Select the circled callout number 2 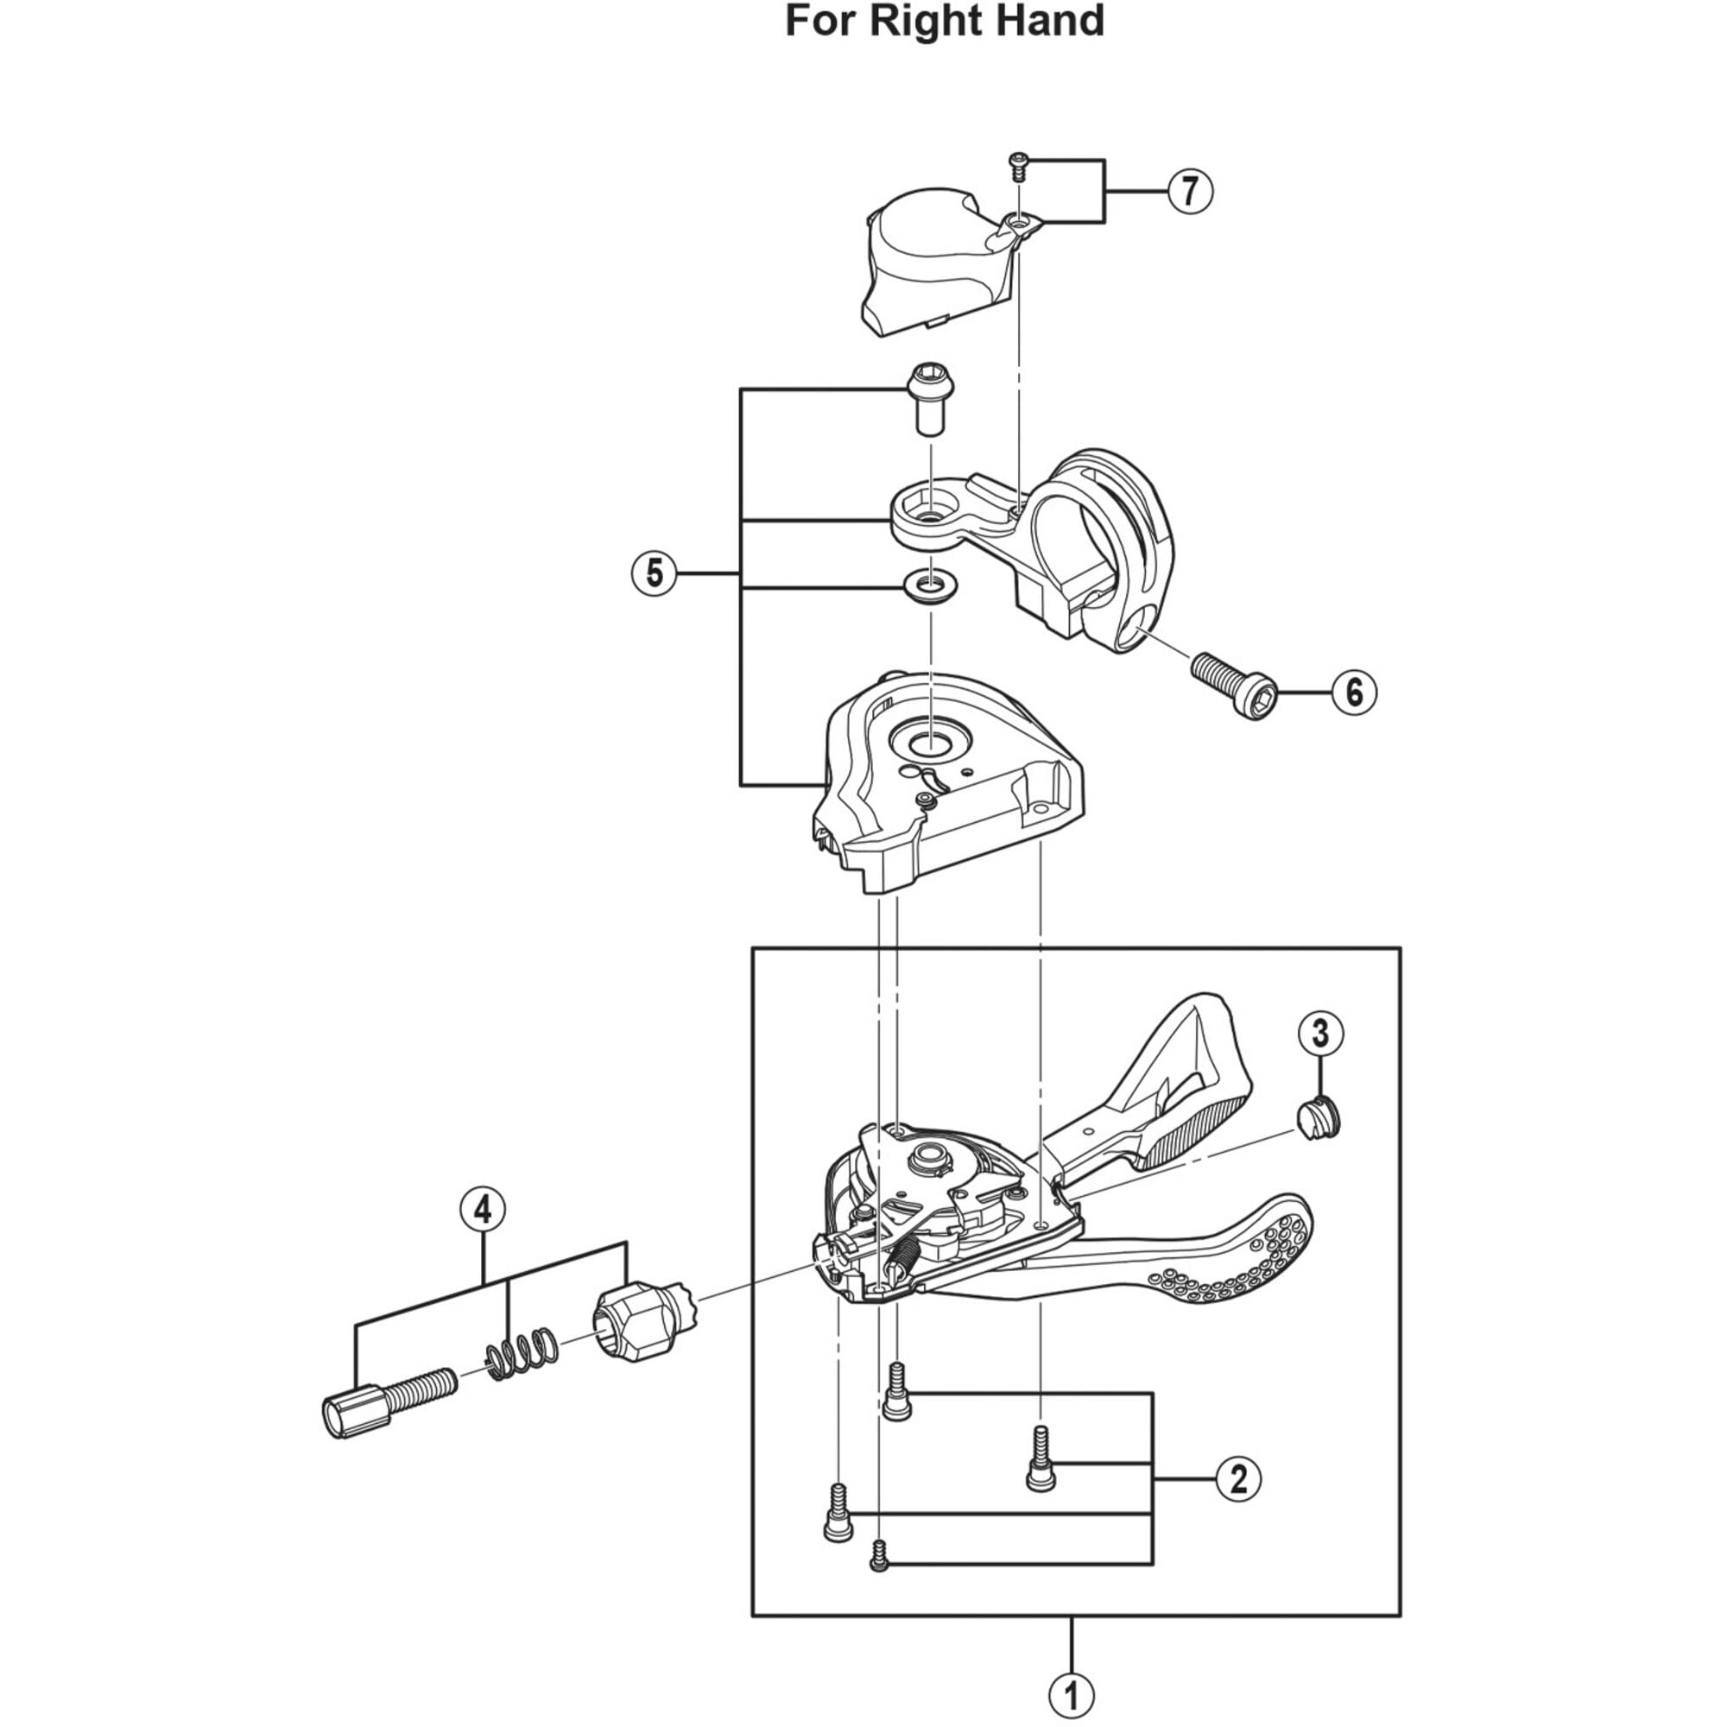click(x=1238, y=1479)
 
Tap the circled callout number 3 click(x=1320, y=1034)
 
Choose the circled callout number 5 click(x=655, y=573)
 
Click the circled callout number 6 click(x=1353, y=692)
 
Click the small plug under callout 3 click(x=1319, y=1120)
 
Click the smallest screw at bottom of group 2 click(x=879, y=1560)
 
